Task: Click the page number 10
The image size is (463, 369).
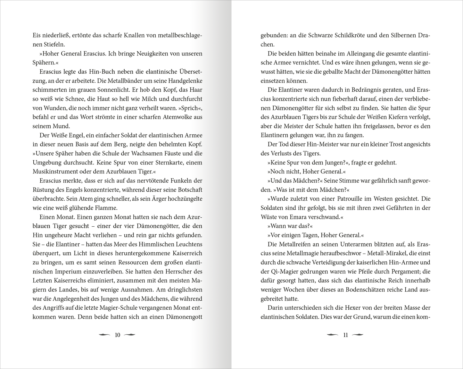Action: (117, 335)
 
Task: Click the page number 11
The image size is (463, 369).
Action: (345, 335)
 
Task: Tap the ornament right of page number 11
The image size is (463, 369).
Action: (358, 335)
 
